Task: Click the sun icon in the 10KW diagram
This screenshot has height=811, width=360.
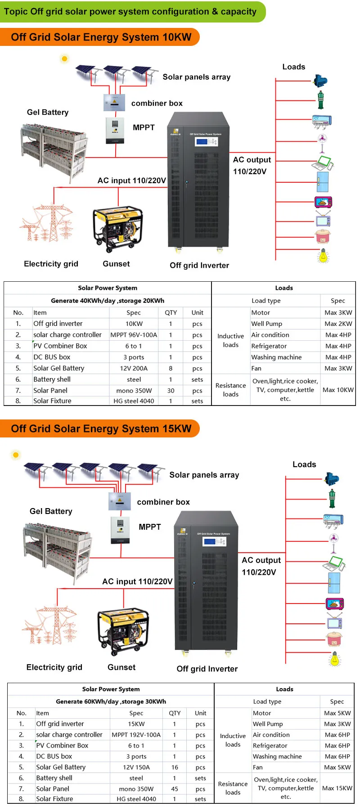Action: point(64,59)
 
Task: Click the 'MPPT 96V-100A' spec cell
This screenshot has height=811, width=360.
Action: point(134,335)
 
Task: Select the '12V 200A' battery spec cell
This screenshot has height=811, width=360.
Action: point(134,368)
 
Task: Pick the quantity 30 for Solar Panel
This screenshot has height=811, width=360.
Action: point(171,391)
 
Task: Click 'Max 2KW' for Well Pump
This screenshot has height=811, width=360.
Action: point(338,324)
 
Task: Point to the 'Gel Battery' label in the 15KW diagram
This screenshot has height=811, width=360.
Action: point(51,511)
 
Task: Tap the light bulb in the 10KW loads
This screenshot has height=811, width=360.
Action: point(323,256)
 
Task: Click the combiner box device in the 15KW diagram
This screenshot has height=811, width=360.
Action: point(120,501)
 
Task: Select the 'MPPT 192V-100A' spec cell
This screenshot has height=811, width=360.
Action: point(136,734)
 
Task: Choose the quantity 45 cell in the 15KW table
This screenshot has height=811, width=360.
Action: point(175,789)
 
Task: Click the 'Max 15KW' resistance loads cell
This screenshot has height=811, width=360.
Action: point(337,788)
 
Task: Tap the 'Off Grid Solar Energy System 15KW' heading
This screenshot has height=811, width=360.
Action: point(101,428)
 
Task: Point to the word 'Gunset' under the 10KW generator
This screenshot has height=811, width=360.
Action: point(116,264)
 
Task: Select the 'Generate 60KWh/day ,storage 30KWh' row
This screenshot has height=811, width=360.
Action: point(111,701)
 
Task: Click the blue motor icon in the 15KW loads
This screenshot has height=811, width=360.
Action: point(332,479)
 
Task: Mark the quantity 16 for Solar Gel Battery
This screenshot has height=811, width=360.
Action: point(175,767)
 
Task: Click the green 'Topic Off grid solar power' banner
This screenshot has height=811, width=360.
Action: point(130,12)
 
